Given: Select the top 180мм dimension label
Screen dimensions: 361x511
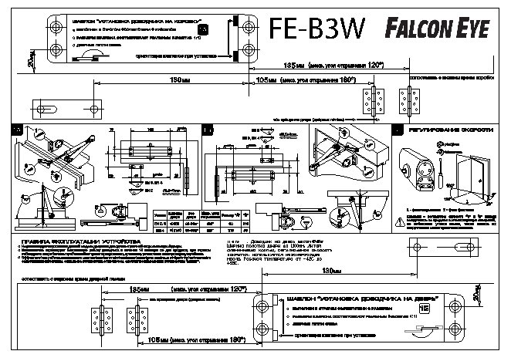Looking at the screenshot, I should pos(180,79).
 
